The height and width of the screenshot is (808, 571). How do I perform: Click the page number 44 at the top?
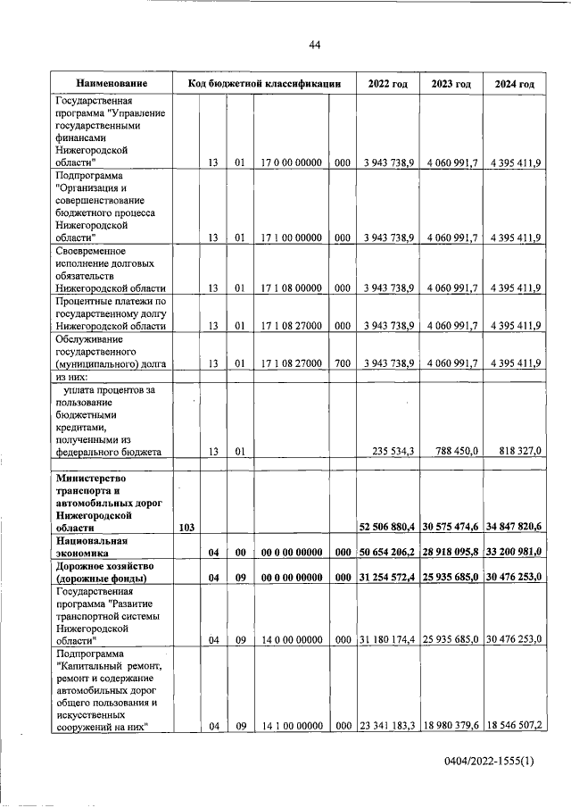tap(314, 46)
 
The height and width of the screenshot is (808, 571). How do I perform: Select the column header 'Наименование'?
tap(112, 84)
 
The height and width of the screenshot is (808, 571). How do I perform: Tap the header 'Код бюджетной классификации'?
tap(265, 84)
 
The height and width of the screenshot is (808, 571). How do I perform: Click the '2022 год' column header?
tap(387, 84)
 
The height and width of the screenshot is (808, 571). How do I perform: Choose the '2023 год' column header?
tap(451, 84)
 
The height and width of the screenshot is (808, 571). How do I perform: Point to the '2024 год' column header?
tap(513, 84)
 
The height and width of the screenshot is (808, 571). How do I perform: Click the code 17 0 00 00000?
tap(292, 163)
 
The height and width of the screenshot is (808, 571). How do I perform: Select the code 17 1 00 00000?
tap(292, 237)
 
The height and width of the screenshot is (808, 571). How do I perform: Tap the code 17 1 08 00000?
tap(292, 287)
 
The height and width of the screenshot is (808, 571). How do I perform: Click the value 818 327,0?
tap(517, 452)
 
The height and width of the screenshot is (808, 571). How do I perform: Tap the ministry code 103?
tap(187, 529)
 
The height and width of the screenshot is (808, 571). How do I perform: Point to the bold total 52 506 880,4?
tap(388, 529)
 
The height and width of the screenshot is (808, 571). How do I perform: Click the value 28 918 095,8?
tap(451, 554)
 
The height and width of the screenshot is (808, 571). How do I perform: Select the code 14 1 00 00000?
tap(292, 727)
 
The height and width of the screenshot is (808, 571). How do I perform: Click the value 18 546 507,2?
tap(513, 727)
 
